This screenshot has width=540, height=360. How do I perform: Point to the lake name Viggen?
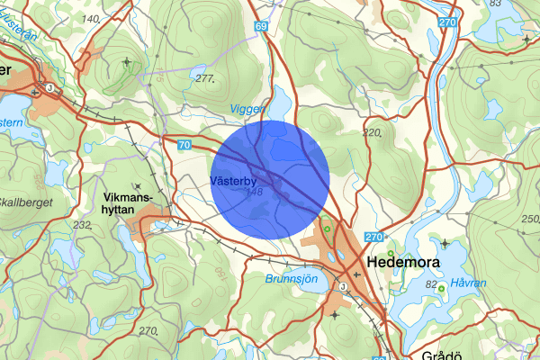247,109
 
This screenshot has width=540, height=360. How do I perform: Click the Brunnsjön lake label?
291,280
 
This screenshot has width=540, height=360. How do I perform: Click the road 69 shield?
261,28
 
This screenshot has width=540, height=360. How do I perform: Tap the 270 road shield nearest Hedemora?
374,237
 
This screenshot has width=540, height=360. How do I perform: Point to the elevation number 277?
205,79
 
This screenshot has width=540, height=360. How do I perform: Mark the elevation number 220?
372,133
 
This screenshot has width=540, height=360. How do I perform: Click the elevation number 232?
83,225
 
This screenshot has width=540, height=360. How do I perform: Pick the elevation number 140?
91,19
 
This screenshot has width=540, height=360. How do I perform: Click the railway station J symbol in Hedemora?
342,286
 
